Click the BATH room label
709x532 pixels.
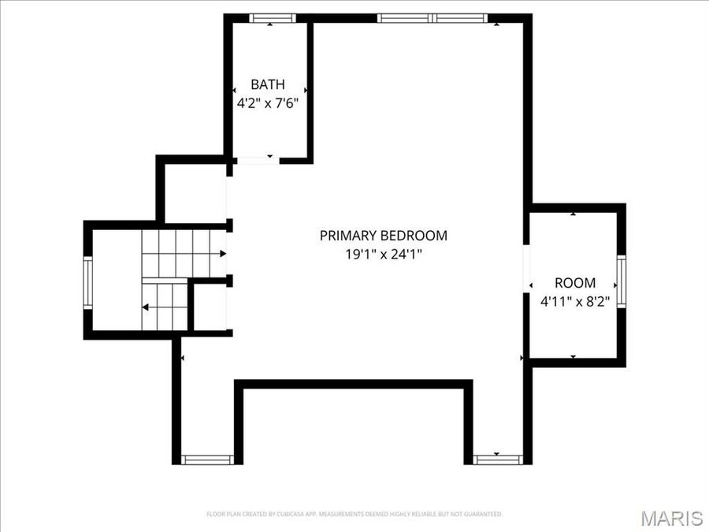tap(268, 84)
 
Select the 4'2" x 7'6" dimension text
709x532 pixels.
tap(268, 103)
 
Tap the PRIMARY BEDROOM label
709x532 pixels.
tap(383, 235)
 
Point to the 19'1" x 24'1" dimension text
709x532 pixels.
tap(383, 254)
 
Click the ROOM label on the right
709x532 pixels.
tap(575, 283)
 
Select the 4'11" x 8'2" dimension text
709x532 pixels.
tap(575, 301)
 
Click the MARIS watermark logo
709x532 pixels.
tap(671, 518)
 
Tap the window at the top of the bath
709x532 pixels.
tap(272, 18)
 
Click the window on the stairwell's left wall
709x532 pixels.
tap(88, 283)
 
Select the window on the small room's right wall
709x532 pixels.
tap(621, 281)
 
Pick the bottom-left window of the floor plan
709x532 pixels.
tap(206, 459)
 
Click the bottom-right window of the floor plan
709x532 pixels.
tap(498, 459)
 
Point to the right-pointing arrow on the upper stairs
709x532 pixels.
tap(224, 254)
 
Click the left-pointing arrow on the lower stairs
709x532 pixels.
tap(145, 307)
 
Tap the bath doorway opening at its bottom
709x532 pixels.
tap(257, 160)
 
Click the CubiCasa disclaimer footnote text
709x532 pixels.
tap(354, 515)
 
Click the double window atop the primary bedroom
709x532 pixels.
tap(432, 18)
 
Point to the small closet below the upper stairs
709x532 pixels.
tap(210, 307)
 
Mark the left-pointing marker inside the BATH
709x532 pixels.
tap(235, 91)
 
